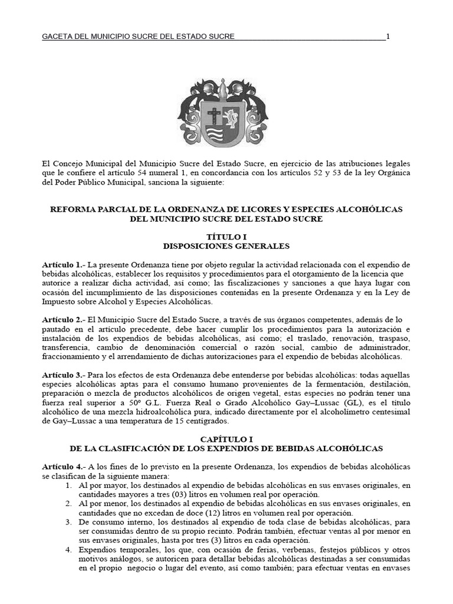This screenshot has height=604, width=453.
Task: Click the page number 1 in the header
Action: pyautogui.click(x=388, y=37)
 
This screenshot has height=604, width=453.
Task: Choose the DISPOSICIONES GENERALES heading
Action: pyautogui.click(x=226, y=245)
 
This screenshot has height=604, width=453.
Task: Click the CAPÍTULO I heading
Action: pyautogui.click(x=226, y=439)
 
